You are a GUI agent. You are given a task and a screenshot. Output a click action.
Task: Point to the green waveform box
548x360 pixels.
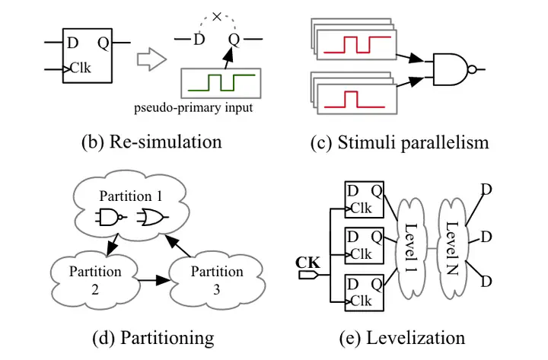click(x=221, y=81)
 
